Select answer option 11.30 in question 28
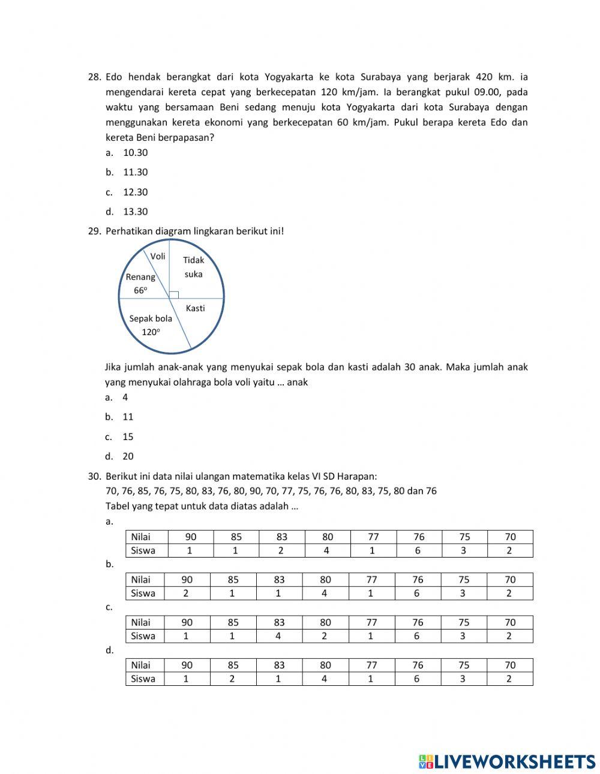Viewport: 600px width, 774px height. (x=135, y=172)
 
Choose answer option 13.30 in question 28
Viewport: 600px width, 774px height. (x=135, y=212)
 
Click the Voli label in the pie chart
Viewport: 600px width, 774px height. (x=158, y=257)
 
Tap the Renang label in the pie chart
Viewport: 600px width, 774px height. (x=140, y=277)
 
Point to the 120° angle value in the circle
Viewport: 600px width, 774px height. (x=151, y=332)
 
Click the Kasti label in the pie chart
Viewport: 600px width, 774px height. (x=195, y=308)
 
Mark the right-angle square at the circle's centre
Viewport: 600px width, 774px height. (x=174, y=294)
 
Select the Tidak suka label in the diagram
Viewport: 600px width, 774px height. (x=193, y=267)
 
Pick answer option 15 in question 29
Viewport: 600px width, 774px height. (x=128, y=436)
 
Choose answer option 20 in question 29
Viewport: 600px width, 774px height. (x=128, y=456)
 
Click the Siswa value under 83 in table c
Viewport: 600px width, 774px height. (x=278, y=636)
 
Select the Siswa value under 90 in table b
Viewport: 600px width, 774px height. (x=186, y=594)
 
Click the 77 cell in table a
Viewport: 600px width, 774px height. (x=373, y=537)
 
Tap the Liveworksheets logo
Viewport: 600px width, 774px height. (x=506, y=761)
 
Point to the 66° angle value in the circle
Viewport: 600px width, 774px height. (x=140, y=290)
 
